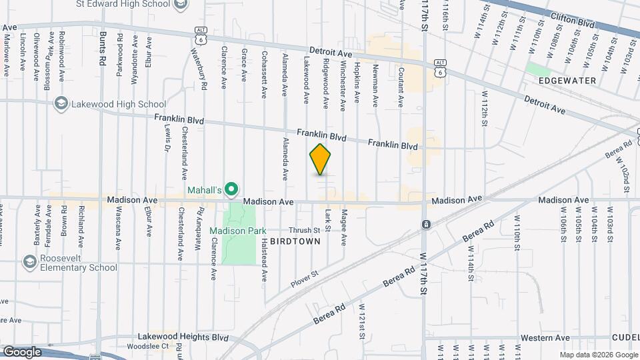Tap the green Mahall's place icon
[x=231, y=191]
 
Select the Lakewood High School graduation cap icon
[x=61, y=104]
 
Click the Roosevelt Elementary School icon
[x=29, y=262]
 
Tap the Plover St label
[x=305, y=279]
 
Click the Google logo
[x=22, y=352]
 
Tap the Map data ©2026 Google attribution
[x=597, y=355]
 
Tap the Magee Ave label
[x=344, y=226]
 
